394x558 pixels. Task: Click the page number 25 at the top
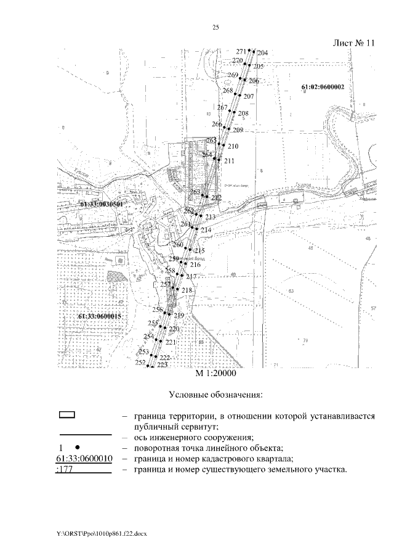(215, 27)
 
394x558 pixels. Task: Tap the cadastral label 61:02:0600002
(323, 88)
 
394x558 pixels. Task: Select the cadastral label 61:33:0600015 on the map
(99, 316)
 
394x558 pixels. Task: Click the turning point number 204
(262, 53)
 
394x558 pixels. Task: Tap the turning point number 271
(241, 51)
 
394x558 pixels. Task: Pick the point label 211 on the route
(230, 161)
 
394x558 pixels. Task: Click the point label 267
(223, 108)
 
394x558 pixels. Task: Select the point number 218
(188, 290)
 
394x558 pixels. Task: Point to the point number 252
(140, 362)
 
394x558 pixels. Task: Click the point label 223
(163, 366)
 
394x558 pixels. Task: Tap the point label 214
(206, 230)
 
